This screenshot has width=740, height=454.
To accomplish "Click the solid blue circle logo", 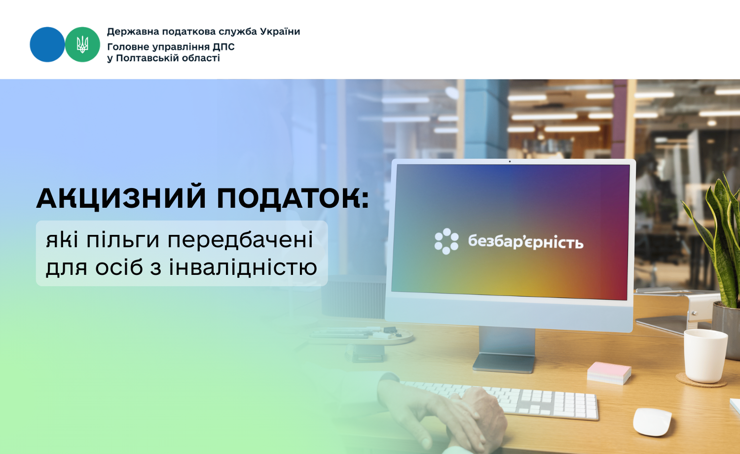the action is click(x=47, y=44).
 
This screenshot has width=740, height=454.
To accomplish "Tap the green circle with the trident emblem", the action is click(x=82, y=44).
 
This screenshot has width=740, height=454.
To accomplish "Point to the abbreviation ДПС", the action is click(x=223, y=47).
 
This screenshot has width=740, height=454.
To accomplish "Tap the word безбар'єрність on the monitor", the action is click(x=525, y=241).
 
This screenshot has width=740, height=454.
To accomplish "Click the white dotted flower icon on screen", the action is click(x=446, y=241).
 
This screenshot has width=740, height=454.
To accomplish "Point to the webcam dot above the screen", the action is click(x=510, y=161).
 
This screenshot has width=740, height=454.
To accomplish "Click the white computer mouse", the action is click(x=652, y=422).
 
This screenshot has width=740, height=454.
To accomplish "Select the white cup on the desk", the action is click(x=705, y=356).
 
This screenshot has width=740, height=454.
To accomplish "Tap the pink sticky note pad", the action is click(x=609, y=373).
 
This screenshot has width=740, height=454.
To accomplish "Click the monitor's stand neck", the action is click(x=507, y=341).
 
